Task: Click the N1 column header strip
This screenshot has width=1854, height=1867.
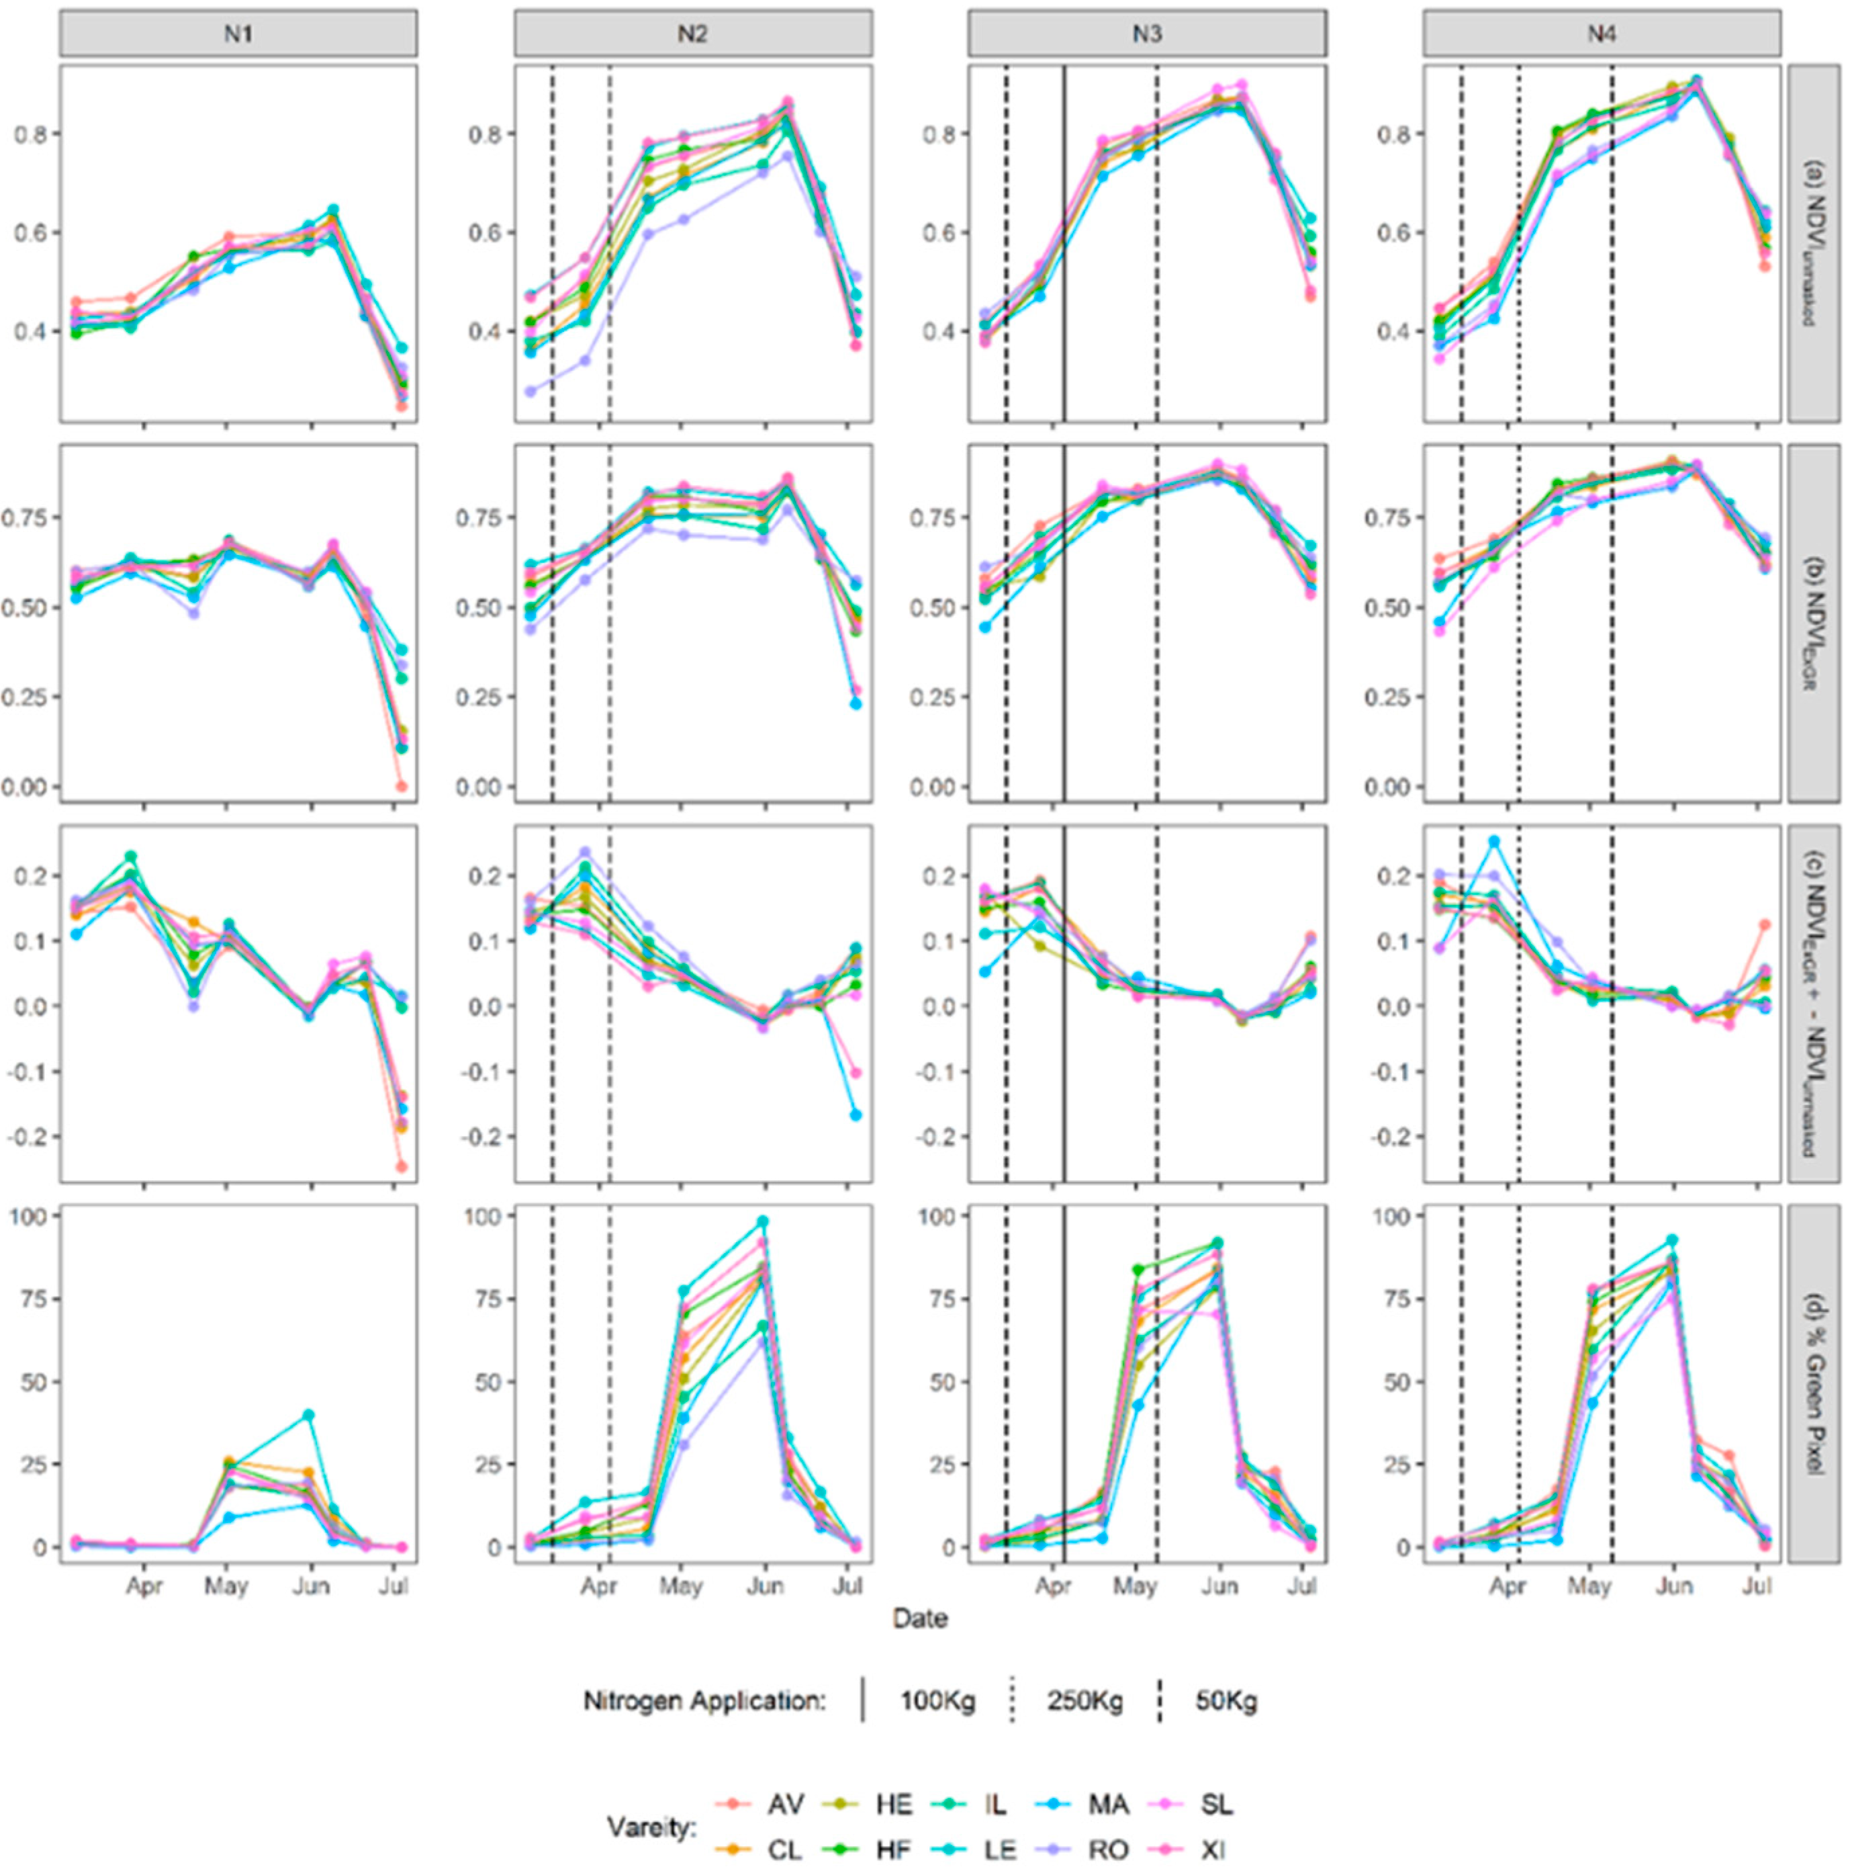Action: point(238,34)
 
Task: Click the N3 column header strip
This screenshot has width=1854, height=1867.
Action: point(1147,34)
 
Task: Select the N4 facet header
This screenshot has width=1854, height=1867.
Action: point(1601,34)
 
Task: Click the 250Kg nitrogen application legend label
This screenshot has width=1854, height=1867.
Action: point(1084,1702)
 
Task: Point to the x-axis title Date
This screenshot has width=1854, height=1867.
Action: point(920,1618)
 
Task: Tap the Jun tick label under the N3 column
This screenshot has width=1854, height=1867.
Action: point(1219,1586)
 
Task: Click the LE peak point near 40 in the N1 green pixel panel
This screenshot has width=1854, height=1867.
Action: point(309,1414)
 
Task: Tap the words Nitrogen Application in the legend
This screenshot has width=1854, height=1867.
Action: point(704,1702)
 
